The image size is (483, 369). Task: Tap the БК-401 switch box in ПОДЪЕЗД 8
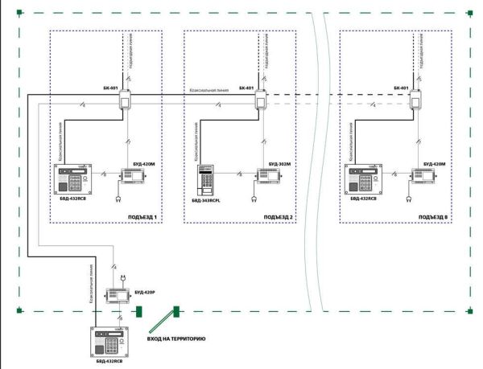416,100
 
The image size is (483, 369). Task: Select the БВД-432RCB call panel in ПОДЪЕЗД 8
363,180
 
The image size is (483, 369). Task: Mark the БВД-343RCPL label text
208,207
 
